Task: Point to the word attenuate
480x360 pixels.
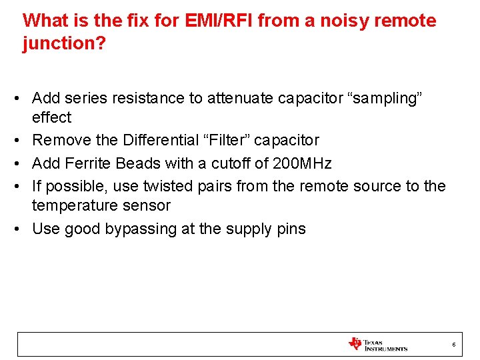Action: pos(240,99)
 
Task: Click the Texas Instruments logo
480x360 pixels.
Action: pos(377,344)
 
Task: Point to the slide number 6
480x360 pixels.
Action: pos(453,345)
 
